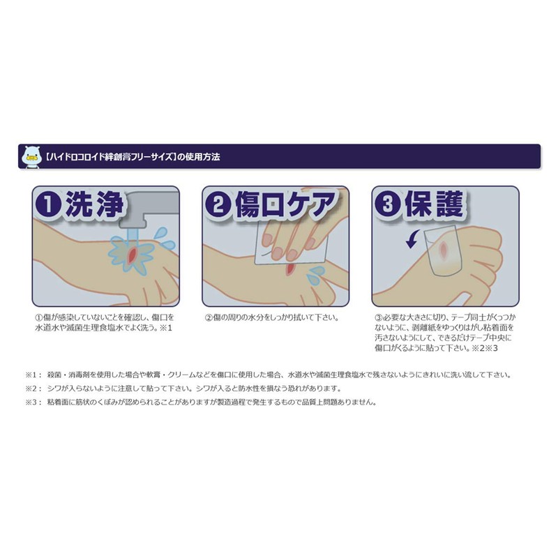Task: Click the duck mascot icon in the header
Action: pos(31,157)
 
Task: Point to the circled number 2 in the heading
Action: pos(219,204)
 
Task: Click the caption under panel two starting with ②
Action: pos(271,317)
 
